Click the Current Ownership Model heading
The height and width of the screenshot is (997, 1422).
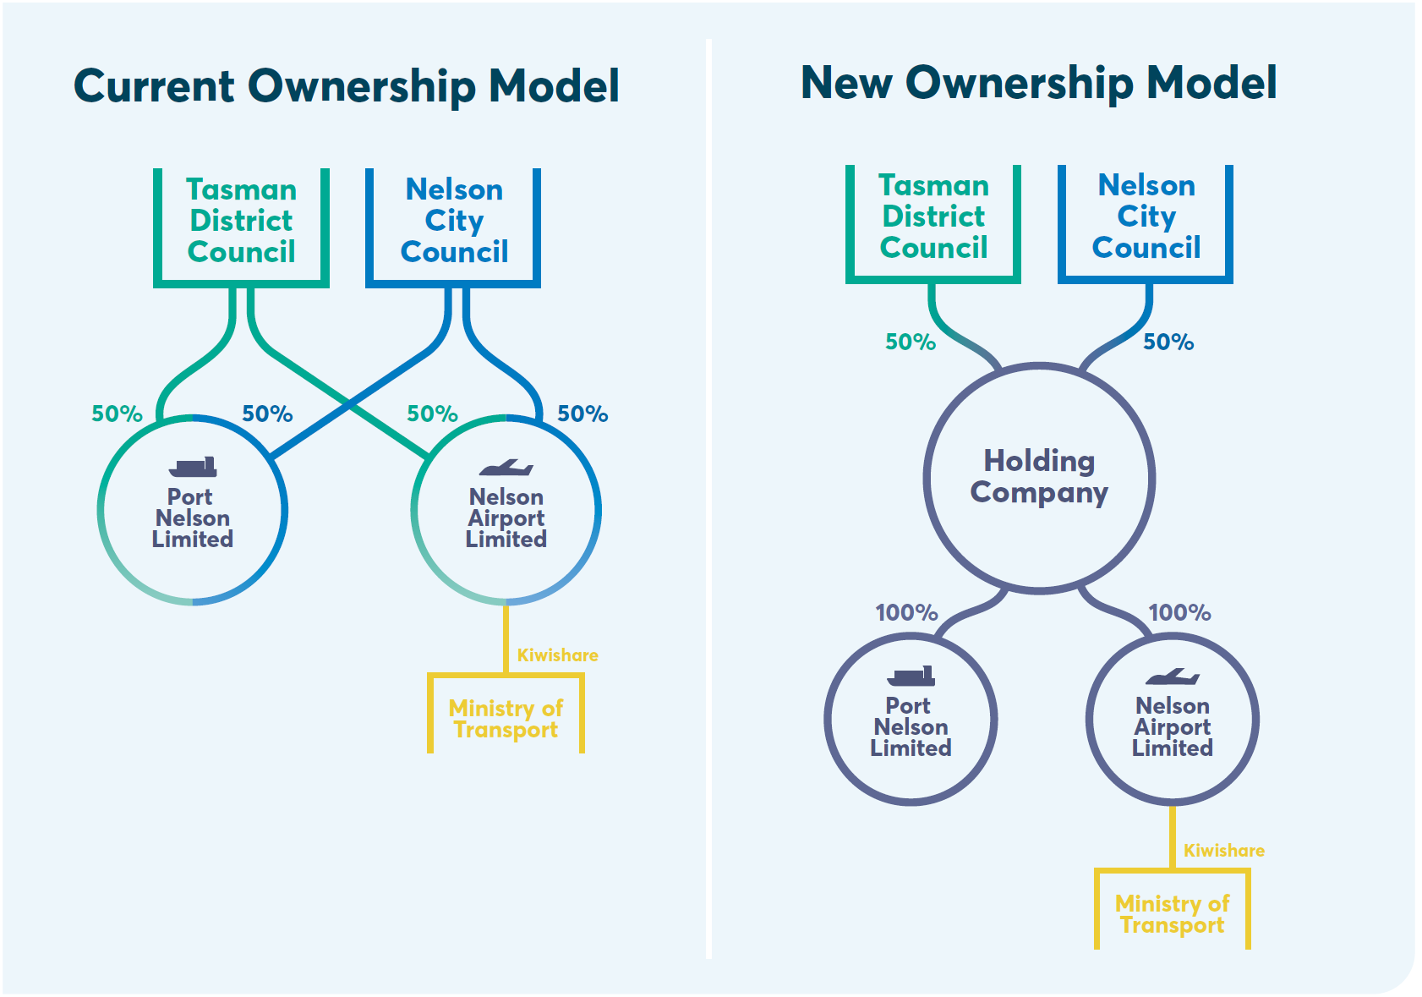(x=346, y=86)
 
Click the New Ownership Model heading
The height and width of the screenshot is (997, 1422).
(x=1038, y=83)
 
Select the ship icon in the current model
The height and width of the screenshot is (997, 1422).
(x=193, y=467)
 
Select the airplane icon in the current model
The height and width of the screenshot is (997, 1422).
(x=506, y=468)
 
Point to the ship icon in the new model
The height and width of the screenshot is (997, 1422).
(x=911, y=676)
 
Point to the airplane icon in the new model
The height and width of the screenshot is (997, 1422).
(x=1173, y=677)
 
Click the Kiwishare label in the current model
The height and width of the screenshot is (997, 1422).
(x=557, y=655)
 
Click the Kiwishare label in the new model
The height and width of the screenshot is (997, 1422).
(x=1224, y=851)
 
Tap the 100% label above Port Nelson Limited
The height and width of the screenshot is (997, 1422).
(x=906, y=613)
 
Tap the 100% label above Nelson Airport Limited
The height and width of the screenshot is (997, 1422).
(x=1179, y=613)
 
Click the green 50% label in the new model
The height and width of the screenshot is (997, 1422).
(x=911, y=342)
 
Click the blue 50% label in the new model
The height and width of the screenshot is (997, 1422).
(x=1168, y=342)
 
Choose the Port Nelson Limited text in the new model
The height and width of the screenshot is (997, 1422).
(x=911, y=727)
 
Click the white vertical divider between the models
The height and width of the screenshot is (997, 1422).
(x=708, y=499)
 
